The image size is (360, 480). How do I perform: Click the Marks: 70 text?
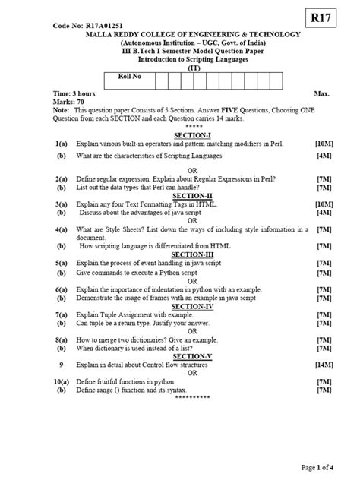coord(69,101)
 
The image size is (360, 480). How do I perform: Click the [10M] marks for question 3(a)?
coord(324,204)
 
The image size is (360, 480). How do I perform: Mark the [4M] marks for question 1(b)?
coord(325,156)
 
